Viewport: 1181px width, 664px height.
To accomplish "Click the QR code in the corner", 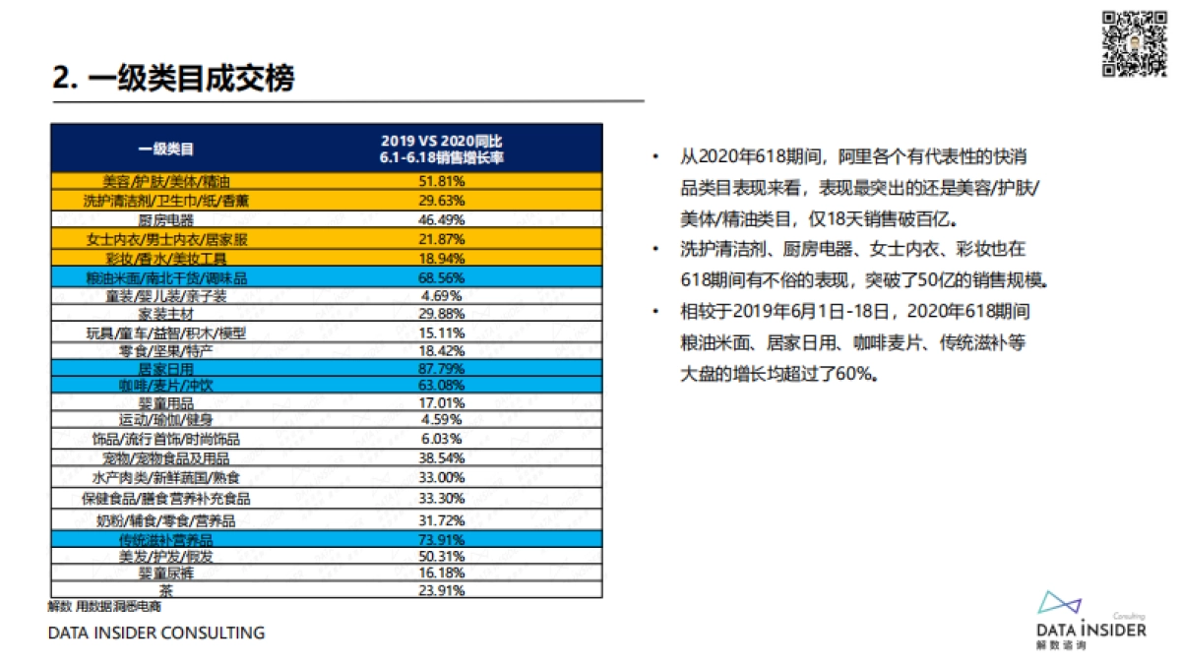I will pos(1131,42).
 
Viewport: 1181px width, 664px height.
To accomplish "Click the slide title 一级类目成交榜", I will pos(173,78).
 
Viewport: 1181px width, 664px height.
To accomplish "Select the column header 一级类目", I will pos(166,150).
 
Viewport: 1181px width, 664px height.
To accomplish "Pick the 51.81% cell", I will pos(442,182).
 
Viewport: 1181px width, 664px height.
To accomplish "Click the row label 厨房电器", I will pos(166,219).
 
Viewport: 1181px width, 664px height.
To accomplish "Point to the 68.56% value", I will pos(442,278).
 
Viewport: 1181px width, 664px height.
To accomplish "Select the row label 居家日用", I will pos(166,368).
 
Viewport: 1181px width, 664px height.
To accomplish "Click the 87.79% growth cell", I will pos(442,368).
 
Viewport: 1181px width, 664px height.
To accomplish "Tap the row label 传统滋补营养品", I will pos(166,540).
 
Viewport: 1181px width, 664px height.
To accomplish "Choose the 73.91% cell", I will pos(442,540).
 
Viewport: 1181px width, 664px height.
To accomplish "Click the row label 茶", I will pos(166,591).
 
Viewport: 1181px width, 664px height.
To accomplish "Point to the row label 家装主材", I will pos(166,313).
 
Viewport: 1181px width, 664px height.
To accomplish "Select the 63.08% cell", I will pos(442,385).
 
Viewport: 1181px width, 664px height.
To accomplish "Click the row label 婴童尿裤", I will pos(166,573).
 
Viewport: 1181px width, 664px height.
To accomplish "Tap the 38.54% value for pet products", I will pos(442,458).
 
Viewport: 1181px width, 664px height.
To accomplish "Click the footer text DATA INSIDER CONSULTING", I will pos(156,633).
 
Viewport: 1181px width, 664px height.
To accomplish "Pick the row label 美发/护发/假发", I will pos(166,557).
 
